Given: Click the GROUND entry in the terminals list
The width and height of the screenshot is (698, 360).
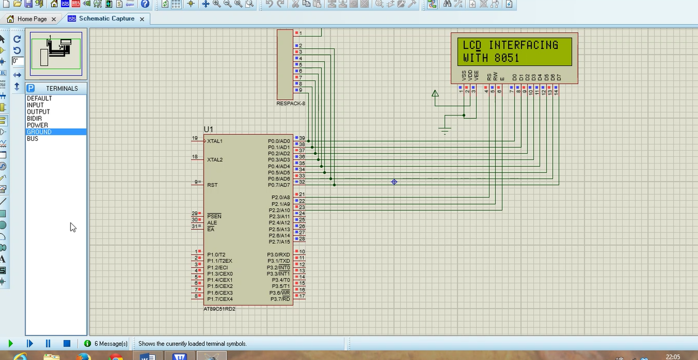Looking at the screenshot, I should pyautogui.click(x=39, y=132).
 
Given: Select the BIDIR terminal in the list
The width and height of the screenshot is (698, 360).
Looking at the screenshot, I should pyautogui.click(x=34, y=118).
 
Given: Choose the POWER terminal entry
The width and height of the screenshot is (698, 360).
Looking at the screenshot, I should pyautogui.click(x=38, y=125).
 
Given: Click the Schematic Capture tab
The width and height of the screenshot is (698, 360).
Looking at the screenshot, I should pyautogui.click(x=106, y=19).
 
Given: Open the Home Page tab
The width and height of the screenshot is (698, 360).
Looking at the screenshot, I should pyautogui.click(x=32, y=19).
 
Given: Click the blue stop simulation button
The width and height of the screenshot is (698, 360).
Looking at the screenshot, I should pyautogui.click(x=66, y=344).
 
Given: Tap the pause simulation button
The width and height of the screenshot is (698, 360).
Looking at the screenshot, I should pyautogui.click(x=48, y=344).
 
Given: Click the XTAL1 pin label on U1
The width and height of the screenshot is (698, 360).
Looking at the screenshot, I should pyautogui.click(x=215, y=141).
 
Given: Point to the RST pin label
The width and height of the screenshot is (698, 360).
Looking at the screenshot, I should pyautogui.click(x=212, y=185).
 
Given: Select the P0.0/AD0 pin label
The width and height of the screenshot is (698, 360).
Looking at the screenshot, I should pyautogui.click(x=279, y=141).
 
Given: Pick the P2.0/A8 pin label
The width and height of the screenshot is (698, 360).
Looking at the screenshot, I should pyautogui.click(x=281, y=197).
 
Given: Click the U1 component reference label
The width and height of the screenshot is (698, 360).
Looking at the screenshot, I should pyautogui.click(x=208, y=130).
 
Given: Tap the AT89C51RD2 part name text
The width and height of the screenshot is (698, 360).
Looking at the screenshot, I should pyautogui.click(x=219, y=309).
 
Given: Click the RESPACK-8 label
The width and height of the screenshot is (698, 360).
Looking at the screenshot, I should pyautogui.click(x=291, y=103).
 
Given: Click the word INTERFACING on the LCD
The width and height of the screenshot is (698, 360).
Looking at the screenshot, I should pyautogui.click(x=523, y=45).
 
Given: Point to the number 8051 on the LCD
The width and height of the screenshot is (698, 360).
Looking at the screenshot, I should pyautogui.click(x=507, y=58).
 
